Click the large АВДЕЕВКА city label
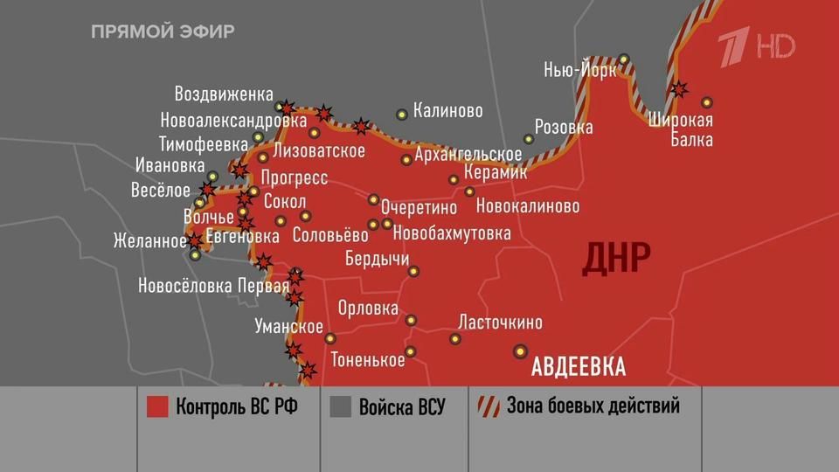579,365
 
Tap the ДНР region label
617,258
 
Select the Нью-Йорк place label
579,70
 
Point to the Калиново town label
447,111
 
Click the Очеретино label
419,208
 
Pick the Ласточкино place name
500,322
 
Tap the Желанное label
149,241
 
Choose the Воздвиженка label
224,94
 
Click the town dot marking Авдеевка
521,351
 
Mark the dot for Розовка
529,139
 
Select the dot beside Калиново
402,114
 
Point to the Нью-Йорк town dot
623,59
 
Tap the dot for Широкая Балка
707,102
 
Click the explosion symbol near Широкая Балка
678,88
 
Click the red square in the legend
157,406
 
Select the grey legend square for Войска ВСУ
340,406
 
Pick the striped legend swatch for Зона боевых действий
488,406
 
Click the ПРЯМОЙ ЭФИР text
163,32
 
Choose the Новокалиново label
528,207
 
